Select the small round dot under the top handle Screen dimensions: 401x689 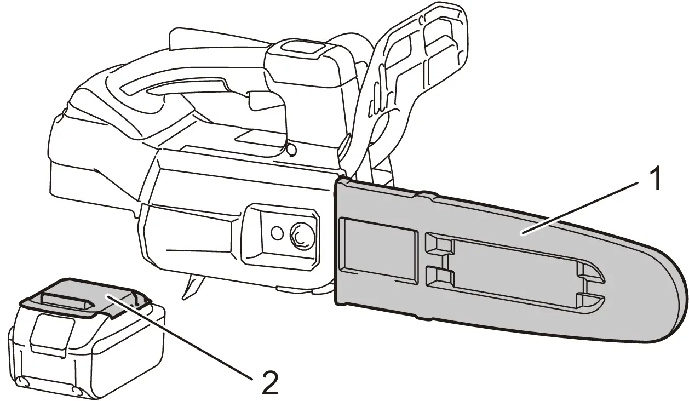tap(291, 149)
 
